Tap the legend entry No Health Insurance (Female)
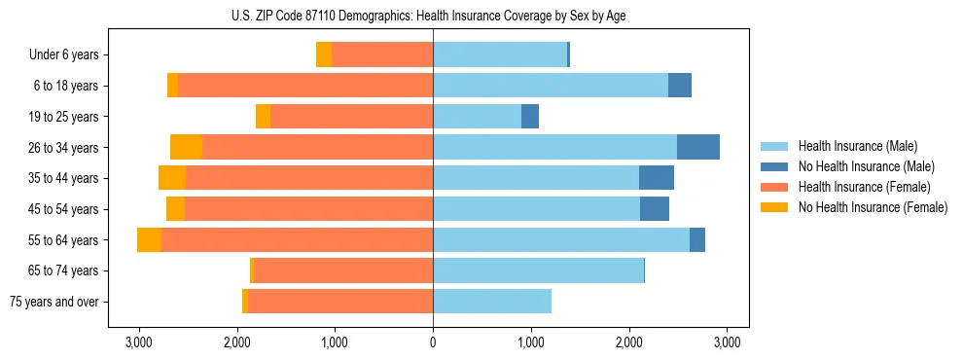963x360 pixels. pos(864,207)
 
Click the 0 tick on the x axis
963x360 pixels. pos(433,342)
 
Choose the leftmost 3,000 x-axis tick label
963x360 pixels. pos(138,342)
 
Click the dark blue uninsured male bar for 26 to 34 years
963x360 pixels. pos(698,147)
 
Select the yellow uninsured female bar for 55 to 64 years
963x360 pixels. pos(149,240)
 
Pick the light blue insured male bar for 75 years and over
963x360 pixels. pos(492,302)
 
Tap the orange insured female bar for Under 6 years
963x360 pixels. pos(382,55)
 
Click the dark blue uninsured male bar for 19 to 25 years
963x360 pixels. pos(530,117)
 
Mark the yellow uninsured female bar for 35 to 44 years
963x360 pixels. pos(172,178)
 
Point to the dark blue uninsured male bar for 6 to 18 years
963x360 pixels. pos(680,86)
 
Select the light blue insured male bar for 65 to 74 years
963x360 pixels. pos(538,270)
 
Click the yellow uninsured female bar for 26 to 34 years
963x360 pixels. pos(186,147)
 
